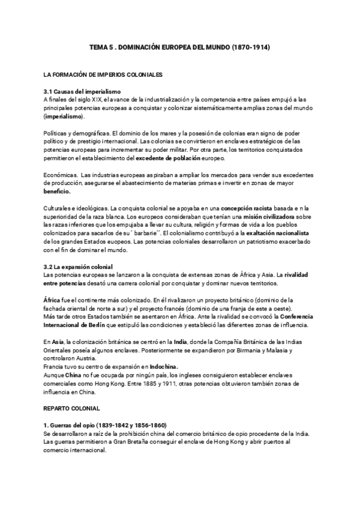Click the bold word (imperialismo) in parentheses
(68, 117)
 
